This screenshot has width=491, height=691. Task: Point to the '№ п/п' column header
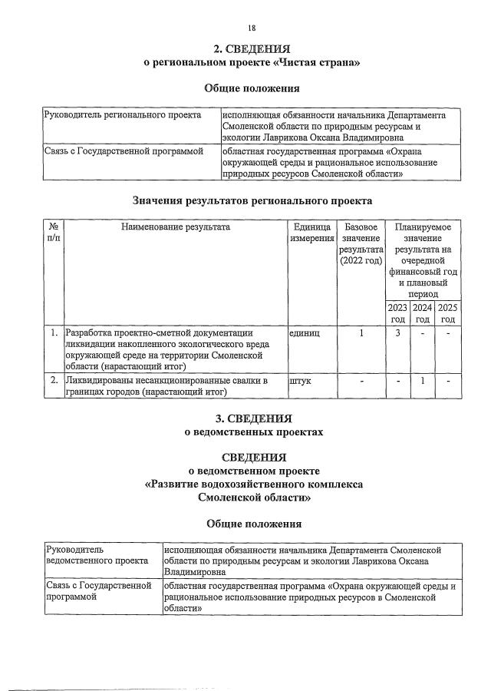click(x=53, y=233)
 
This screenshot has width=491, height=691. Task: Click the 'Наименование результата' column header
click(x=174, y=227)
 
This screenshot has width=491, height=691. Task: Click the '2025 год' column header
click(x=448, y=313)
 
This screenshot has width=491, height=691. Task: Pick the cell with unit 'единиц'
click(x=304, y=334)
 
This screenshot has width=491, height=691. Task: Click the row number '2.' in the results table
click(x=54, y=381)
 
